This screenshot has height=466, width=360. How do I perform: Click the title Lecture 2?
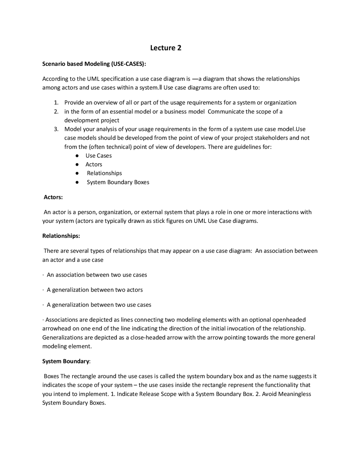tap(166, 48)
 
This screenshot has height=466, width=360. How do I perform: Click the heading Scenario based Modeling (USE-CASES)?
tap(94, 64)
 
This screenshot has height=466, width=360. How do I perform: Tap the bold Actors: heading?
tap(53, 197)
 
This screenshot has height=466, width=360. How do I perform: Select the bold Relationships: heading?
tap(61, 236)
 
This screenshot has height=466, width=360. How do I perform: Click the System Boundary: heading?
tap(66, 361)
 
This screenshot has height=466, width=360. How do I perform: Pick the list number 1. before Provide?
tap(56, 103)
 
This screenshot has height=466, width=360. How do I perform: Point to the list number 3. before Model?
tap(56, 129)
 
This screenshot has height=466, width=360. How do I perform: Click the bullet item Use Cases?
tap(98, 156)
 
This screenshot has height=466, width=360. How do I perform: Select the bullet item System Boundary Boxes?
tap(118, 182)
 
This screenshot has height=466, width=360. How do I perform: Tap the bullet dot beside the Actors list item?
tap(76, 165)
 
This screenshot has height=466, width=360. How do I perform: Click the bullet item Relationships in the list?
tap(104, 173)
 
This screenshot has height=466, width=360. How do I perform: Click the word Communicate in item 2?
tap(226, 111)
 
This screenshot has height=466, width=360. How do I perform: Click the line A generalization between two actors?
tap(95, 290)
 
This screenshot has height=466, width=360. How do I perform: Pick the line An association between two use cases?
tap(97, 275)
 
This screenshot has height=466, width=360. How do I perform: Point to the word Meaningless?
tap(294, 394)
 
